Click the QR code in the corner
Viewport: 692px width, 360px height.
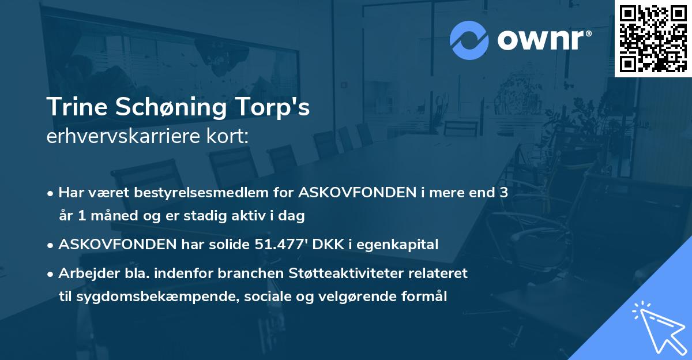tap(653, 38)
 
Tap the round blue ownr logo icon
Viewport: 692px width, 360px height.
tap(469, 40)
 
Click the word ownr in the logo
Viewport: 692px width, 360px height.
tap(540, 40)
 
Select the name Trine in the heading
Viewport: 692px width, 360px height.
tap(74, 108)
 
